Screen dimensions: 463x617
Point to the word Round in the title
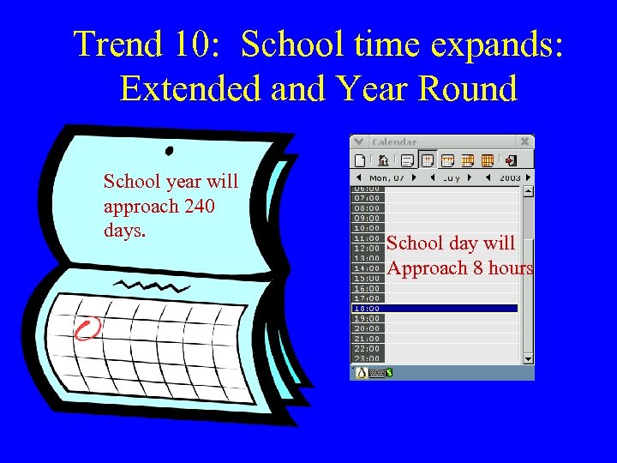coord(476,88)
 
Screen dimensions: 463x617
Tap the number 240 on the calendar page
coord(198,207)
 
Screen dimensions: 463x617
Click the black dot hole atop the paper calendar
coord(169,151)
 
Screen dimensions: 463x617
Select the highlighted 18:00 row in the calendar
coord(435,308)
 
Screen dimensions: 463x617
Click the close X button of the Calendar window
coord(525,141)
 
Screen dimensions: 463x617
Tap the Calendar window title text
coord(394,141)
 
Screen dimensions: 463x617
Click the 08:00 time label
coord(367,207)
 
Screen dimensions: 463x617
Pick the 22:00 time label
coord(367,348)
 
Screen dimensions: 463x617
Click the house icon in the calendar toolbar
coord(383,159)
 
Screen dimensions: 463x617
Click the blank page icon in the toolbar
coord(361,159)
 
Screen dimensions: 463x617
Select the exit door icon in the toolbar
coord(512,159)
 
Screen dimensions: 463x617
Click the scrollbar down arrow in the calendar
coord(528,358)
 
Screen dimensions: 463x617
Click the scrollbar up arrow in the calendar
coord(528,190)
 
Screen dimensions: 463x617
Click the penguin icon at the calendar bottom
coord(362,372)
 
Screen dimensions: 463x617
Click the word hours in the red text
coord(511,268)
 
